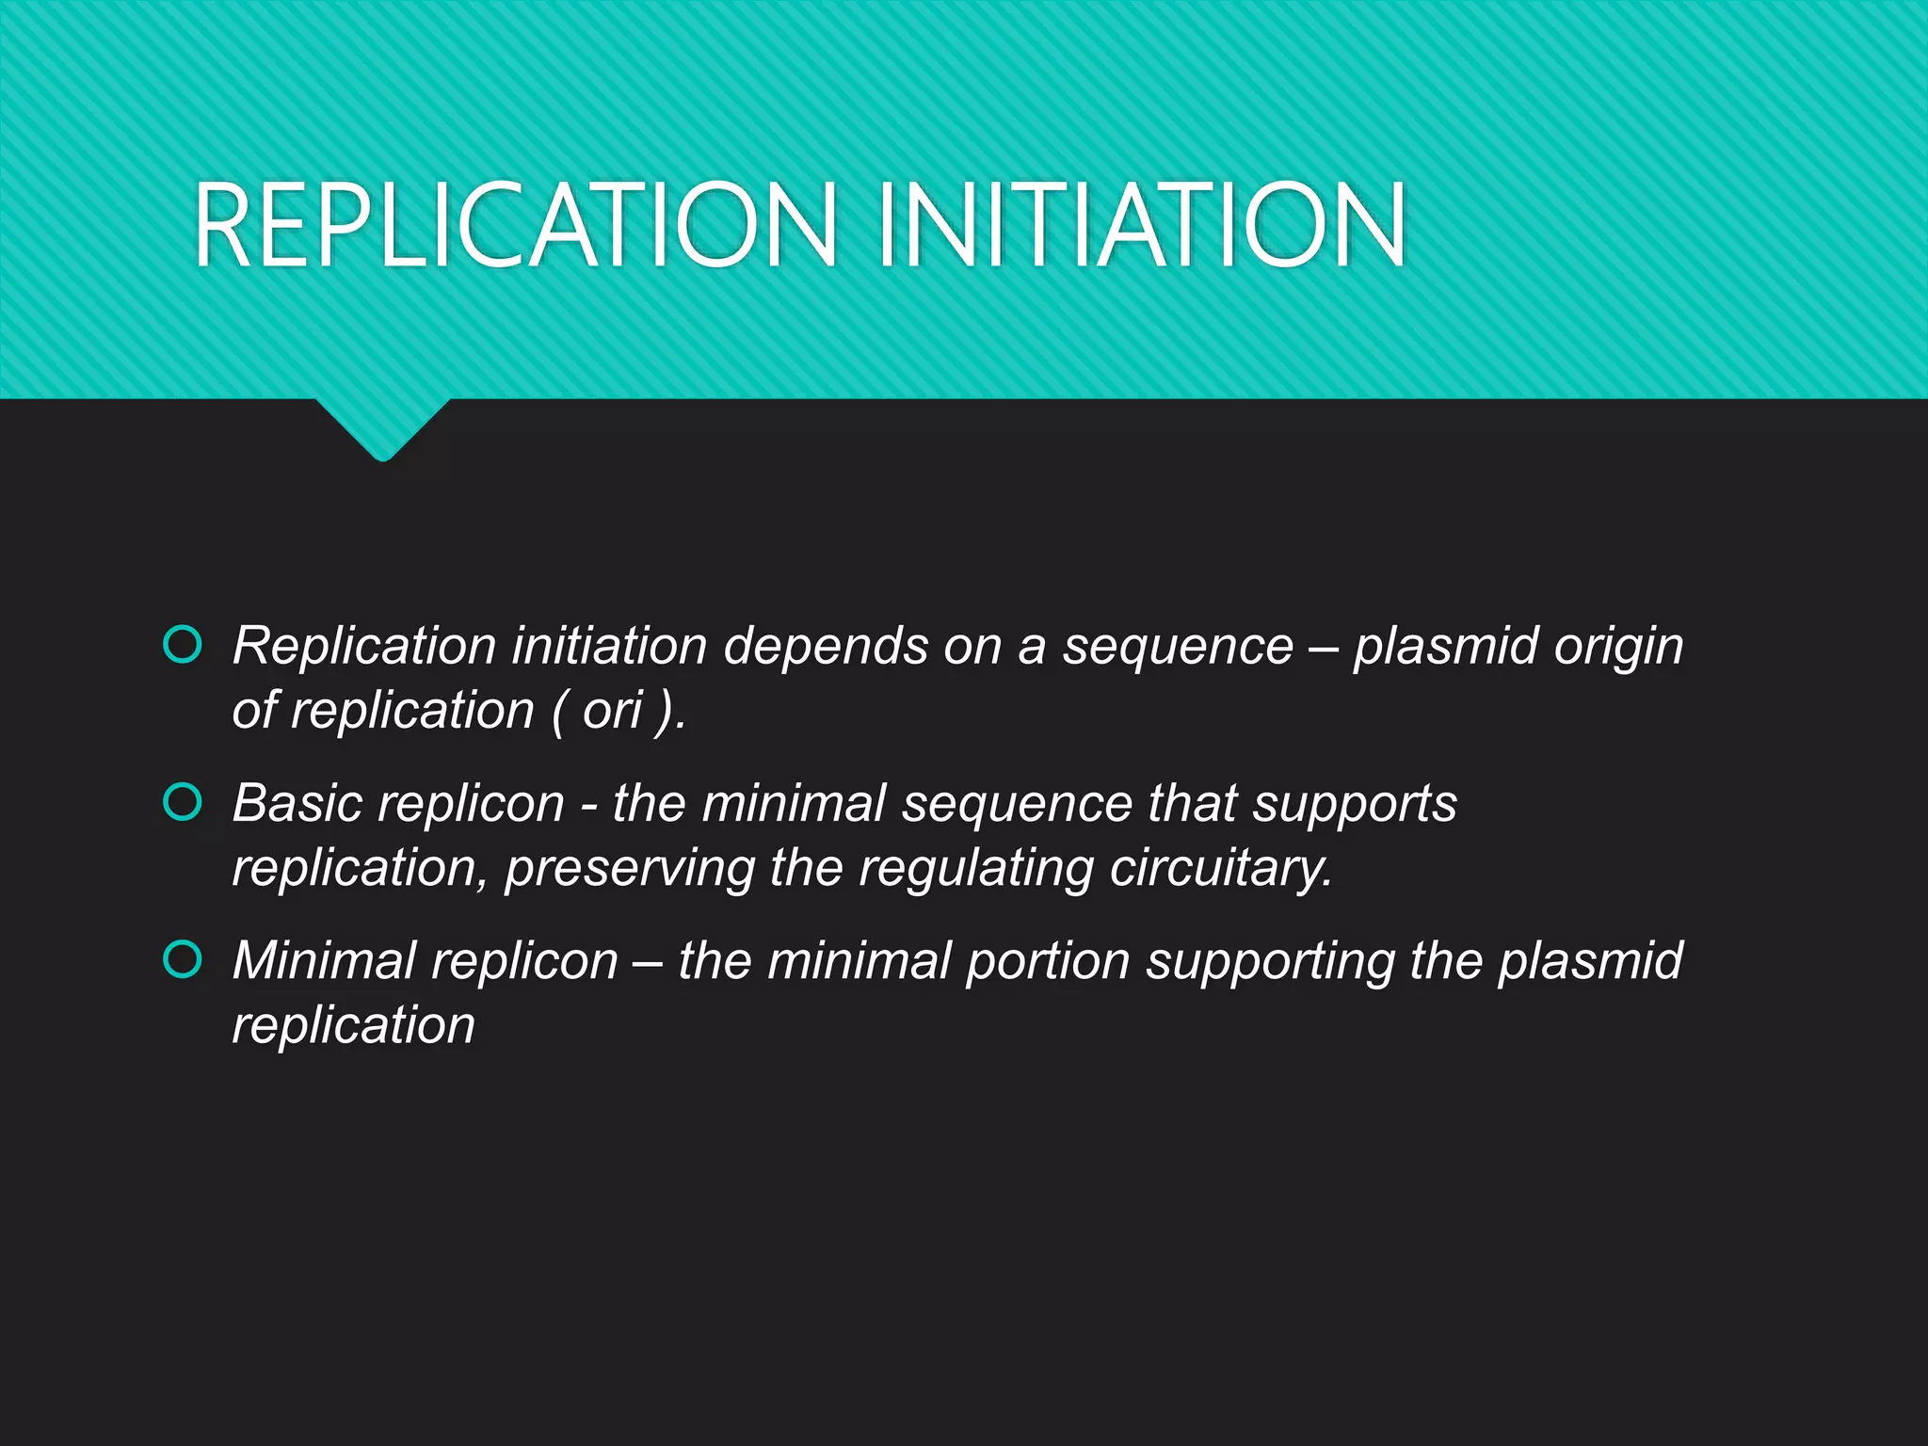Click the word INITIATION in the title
pos(1141,226)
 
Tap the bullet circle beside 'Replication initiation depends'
pos(183,645)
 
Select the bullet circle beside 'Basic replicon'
pos(183,802)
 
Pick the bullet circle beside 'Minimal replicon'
pos(183,959)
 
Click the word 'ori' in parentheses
pos(612,710)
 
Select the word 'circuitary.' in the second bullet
pos(1221,867)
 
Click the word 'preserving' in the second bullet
pos(629,867)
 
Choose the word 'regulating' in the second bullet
pos(975,867)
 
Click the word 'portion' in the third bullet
pos(1048,962)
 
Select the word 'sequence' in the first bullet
pos(1178,648)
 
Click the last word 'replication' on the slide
pos(354,1024)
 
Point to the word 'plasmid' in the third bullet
pos(1590,960)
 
